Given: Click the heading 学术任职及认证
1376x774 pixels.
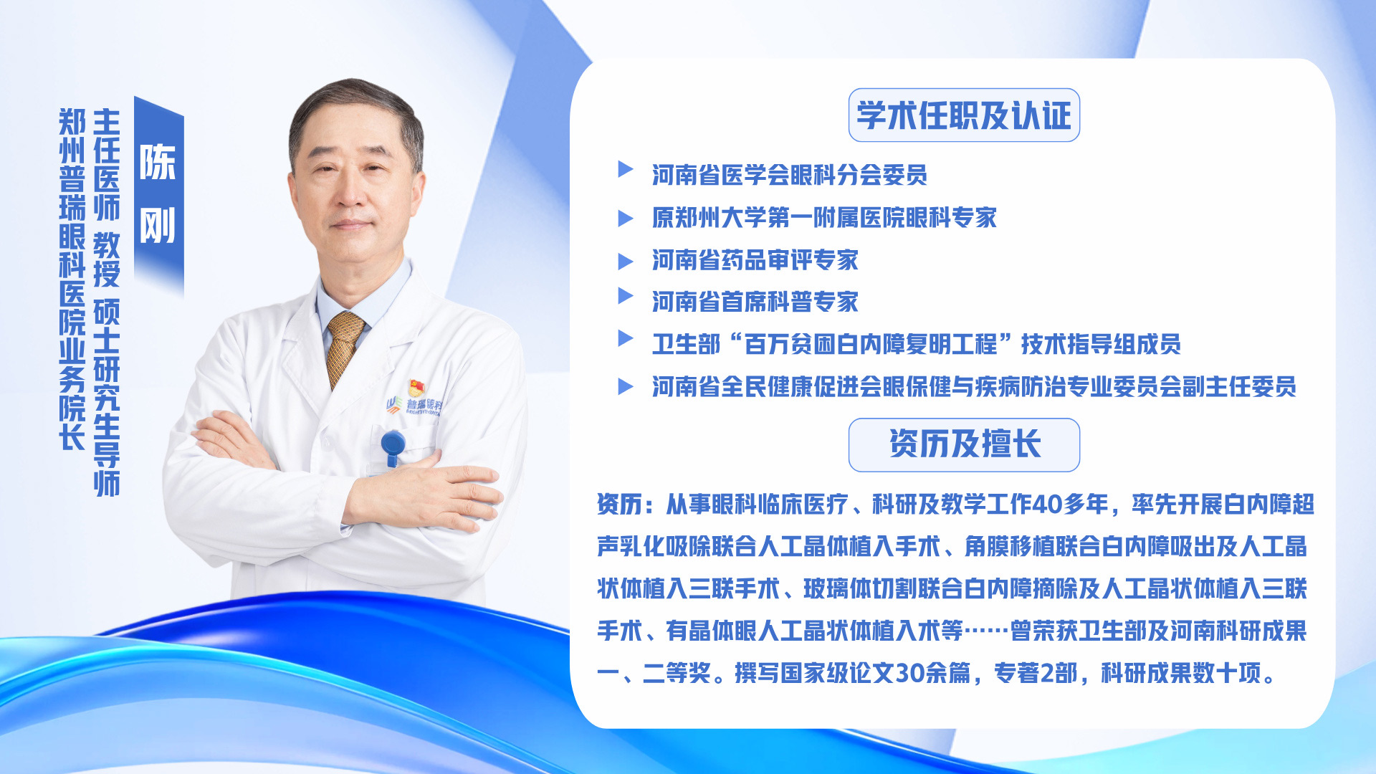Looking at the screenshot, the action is click(964, 115).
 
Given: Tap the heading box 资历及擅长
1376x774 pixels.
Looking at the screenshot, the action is click(964, 445).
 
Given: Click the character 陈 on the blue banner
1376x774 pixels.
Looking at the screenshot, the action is click(158, 163).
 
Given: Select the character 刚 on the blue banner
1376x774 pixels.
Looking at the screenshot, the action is click(158, 226).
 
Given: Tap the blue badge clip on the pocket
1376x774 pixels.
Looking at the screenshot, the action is click(393, 446).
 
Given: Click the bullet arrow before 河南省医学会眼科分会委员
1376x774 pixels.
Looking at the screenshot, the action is click(626, 169).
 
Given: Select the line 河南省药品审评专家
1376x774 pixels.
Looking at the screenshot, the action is click(755, 260).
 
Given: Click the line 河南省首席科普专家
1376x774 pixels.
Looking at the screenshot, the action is click(755, 302).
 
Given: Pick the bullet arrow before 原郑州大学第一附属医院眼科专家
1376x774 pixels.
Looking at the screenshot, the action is click(626, 218).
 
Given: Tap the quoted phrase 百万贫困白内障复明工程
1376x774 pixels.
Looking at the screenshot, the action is click(871, 345).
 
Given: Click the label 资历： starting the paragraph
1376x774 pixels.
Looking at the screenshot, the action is click(625, 505).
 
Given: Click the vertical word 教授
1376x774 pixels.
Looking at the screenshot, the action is click(107, 259).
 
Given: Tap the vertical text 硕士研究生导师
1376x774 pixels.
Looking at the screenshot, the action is click(107, 398).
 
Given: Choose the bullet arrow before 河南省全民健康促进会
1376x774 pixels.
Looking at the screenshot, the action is click(626, 386).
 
